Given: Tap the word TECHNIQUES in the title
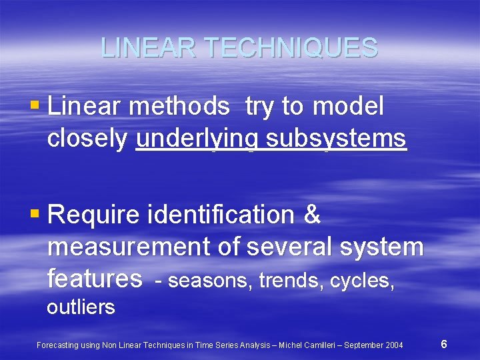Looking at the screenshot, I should coord(291,47).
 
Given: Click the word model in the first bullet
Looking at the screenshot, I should coord(348,105).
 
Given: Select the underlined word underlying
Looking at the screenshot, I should coord(197,139).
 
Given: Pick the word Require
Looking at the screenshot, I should coord(94,215).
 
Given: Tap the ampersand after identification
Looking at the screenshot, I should coord(312,215).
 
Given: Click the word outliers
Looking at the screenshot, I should coord(81,307).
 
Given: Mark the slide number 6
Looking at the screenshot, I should coord(444,345).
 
